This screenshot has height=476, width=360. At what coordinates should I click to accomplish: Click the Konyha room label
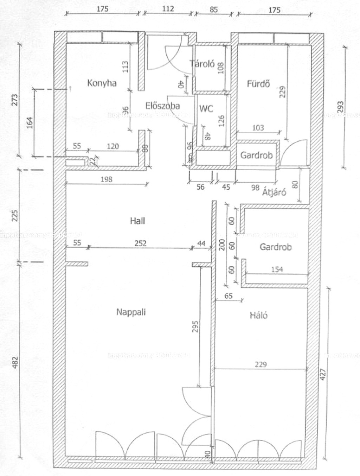point(102,83)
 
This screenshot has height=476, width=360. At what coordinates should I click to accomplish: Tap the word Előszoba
point(163,106)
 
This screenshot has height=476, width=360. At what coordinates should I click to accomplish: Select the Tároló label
point(202,64)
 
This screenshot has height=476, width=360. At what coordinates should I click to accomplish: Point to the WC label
point(206,109)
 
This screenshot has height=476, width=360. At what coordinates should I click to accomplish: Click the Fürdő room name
point(258,84)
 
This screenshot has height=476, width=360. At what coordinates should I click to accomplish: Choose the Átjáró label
point(274,192)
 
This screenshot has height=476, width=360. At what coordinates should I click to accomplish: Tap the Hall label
point(137,221)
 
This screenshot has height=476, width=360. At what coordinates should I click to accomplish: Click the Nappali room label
point(131,312)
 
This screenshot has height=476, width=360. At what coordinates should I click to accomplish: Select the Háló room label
point(258,315)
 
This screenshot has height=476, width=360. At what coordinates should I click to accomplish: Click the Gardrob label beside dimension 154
point(276,247)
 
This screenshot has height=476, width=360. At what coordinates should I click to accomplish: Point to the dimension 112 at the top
point(168,9)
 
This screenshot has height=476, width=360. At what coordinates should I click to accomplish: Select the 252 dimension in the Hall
point(140,243)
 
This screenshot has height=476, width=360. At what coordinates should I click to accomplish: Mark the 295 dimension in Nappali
point(196,326)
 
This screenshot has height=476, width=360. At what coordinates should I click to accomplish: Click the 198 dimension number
point(106,179)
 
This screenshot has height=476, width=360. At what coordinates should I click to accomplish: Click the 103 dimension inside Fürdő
point(258,128)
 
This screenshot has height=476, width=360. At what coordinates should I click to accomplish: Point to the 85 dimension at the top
point(214,9)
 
